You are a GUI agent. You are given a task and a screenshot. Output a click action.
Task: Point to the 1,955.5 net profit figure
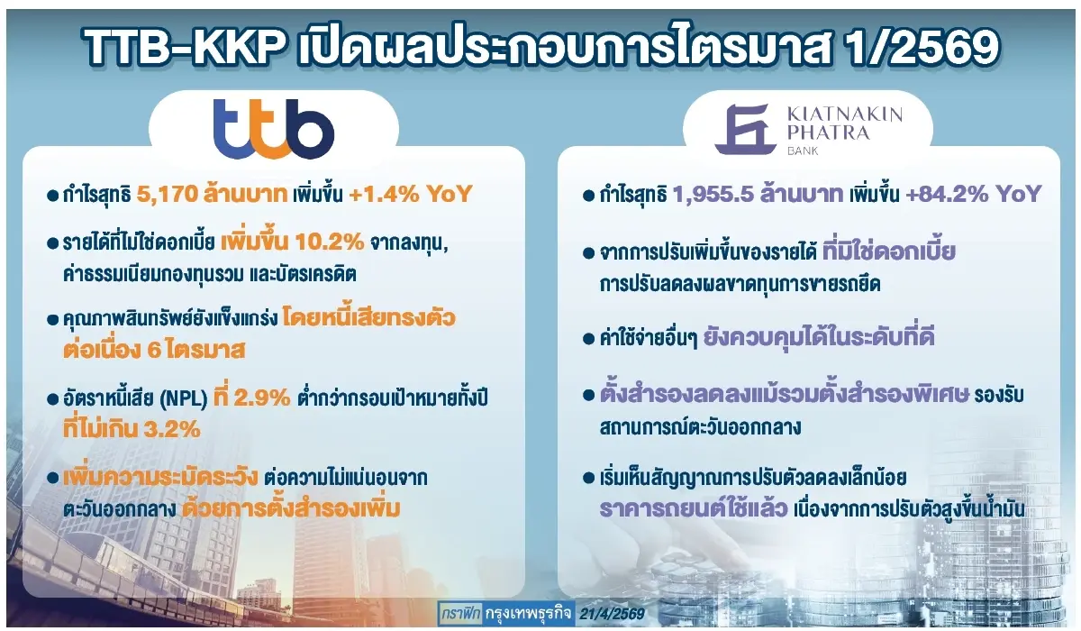click(x=713, y=194)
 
